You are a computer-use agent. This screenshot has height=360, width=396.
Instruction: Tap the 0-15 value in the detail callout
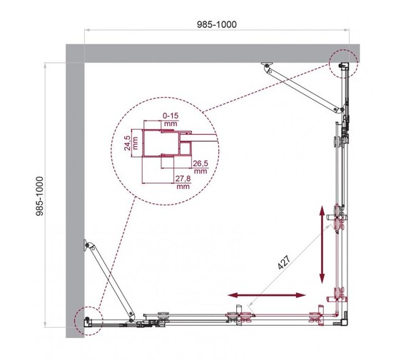tap(170, 115)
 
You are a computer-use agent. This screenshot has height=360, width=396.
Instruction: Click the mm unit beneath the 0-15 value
tap(170, 123)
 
